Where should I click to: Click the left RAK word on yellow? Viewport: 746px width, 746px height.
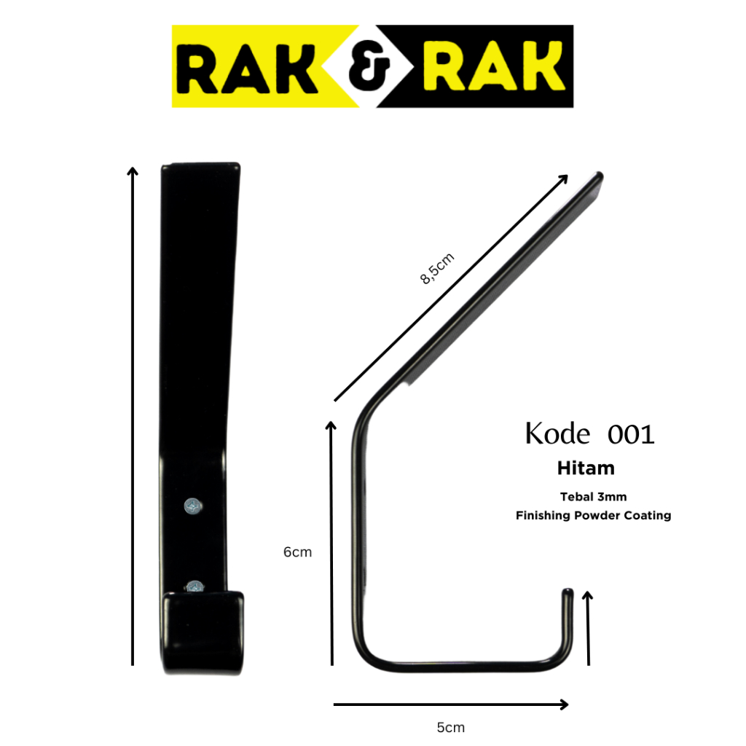252,67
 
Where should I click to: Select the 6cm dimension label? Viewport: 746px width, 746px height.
297,552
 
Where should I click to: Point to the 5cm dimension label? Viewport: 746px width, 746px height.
450,727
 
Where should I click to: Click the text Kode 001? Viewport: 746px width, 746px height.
589,433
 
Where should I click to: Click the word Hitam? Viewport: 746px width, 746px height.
585,468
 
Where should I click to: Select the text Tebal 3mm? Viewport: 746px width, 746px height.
593,497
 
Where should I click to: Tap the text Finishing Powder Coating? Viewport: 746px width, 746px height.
593,516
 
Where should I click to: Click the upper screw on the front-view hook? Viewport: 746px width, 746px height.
192,504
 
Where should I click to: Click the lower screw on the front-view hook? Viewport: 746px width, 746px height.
195,585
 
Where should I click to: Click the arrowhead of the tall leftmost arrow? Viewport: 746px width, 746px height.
133,172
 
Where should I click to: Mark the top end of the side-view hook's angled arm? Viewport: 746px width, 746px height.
599,176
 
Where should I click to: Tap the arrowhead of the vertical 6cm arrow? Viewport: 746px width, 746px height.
331,427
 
